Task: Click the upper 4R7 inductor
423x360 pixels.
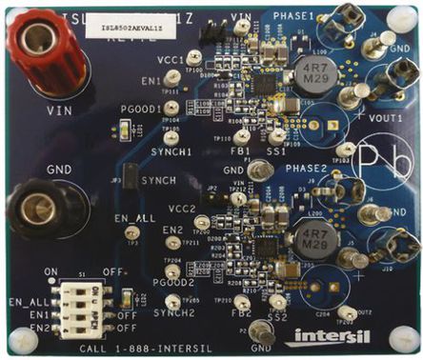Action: coord(312,75)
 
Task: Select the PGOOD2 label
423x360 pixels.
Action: coord(174,282)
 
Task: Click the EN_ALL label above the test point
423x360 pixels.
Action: coord(134,218)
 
